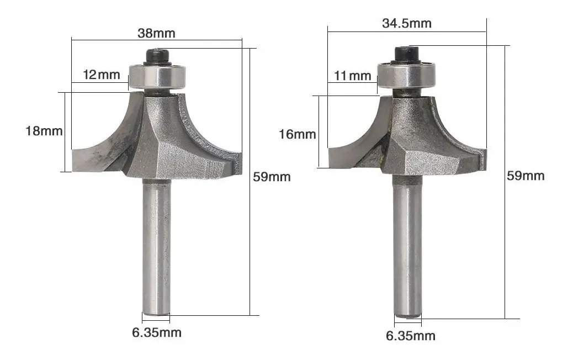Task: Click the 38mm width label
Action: (x=156, y=33)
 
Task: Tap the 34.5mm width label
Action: (x=407, y=23)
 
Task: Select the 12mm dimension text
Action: (x=102, y=75)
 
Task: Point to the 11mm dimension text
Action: (x=353, y=76)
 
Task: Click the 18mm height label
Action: (x=44, y=131)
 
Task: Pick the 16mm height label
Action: (x=298, y=134)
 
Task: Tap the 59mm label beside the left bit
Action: (x=272, y=177)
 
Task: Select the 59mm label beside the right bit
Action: (x=526, y=176)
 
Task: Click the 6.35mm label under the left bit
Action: (x=157, y=332)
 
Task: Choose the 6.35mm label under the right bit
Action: (x=411, y=336)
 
